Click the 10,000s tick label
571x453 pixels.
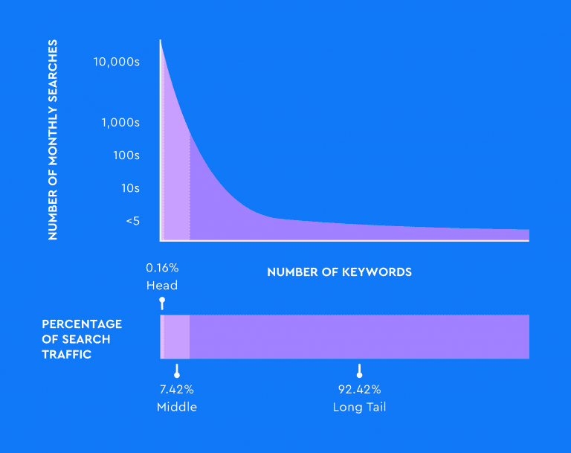pos(117,62)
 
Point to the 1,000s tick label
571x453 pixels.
pos(120,123)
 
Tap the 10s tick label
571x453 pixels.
pos(130,188)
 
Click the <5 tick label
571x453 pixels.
pos(132,221)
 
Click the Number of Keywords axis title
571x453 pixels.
pos(339,272)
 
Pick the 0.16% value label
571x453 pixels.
pos(162,268)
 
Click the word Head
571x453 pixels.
pos(162,286)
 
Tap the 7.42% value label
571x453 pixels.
pos(177,389)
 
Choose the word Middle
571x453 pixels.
pos(177,407)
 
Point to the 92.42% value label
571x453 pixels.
pos(360,389)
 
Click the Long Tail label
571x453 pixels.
pos(360,407)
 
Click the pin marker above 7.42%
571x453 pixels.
pos(177,370)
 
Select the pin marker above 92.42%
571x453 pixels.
pos(359,370)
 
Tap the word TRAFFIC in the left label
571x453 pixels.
pos(67,355)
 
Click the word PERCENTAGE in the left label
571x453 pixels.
pos(82,324)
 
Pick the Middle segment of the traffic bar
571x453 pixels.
pos(176,337)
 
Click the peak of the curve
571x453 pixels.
pos(161,42)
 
